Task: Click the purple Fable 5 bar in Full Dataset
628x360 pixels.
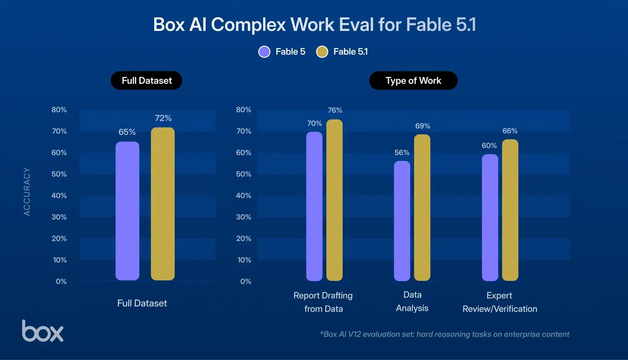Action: pos(127,211)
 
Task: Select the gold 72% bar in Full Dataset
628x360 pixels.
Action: pos(163,204)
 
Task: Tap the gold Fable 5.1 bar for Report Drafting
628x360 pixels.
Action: pos(335,200)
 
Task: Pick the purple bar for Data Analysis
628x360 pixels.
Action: pos(402,221)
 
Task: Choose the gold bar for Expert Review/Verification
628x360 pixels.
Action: pos(510,210)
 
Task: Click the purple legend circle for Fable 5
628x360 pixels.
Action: pos(264,52)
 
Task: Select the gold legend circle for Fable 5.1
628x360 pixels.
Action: pos(322,52)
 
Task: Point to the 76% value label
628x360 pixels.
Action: pos(335,110)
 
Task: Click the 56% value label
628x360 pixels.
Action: pos(402,152)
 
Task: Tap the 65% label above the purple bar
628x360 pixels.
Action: pos(127,132)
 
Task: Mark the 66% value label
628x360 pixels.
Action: pos(510,131)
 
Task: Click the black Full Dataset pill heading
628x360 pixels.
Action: pos(147,81)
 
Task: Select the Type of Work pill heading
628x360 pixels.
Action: pos(413,81)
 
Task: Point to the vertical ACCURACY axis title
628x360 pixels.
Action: pos(27,192)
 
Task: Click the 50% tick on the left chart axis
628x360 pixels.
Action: pos(59,174)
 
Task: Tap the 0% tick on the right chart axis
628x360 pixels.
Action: pos(246,282)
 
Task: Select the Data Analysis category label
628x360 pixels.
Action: pos(412,301)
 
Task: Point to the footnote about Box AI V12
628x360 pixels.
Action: pos(444,334)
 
